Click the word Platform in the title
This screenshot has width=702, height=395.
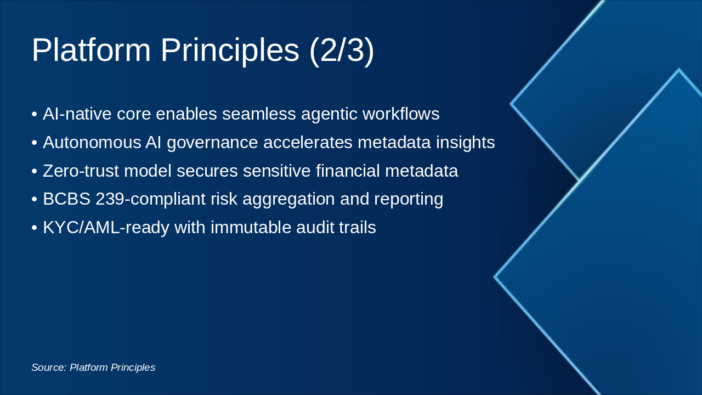click(x=91, y=50)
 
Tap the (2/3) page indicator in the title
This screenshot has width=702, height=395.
click(x=342, y=50)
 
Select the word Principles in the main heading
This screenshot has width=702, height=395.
click(x=230, y=50)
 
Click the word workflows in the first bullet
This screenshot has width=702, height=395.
click(x=401, y=114)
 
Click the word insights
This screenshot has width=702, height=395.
click(x=465, y=143)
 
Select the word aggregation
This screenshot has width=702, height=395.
click(x=282, y=199)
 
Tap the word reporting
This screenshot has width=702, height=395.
click(x=409, y=199)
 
